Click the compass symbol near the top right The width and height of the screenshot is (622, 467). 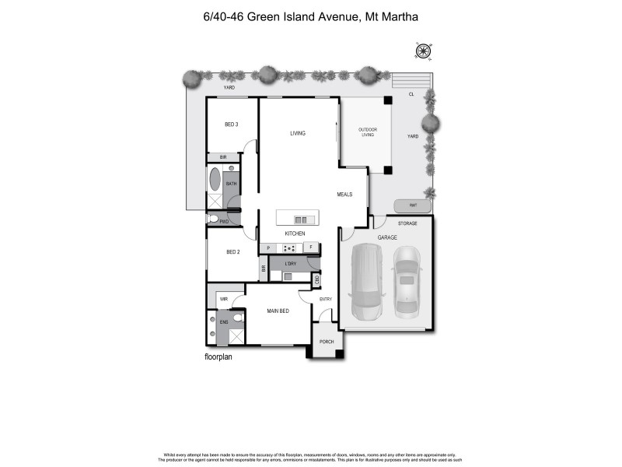pos(423,51)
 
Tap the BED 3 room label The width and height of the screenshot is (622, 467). pos(231,125)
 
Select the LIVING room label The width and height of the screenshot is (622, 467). pos(298,133)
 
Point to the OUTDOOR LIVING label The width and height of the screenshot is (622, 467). pos(367,132)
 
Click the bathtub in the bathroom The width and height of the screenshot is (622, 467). pos(215,180)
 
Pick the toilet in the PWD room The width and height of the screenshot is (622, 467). pos(211,219)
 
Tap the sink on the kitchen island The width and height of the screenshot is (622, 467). pos(301,219)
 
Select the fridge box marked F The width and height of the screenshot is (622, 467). pos(311,248)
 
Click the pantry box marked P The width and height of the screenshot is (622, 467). pos(268,248)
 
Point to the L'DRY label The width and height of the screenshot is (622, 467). pos(290,264)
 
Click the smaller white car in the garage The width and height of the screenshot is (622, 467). pos(407,283)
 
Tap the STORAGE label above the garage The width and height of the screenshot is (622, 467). pos(407,223)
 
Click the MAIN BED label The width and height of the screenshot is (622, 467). pos(278,311)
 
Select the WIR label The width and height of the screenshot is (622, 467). pos(223,298)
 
